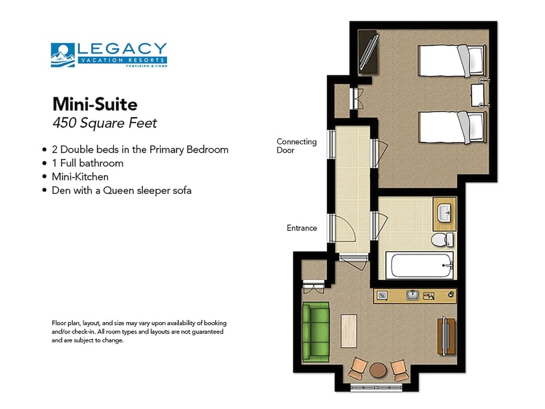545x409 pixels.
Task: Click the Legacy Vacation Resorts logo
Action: [109, 55]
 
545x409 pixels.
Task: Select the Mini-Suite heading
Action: [95, 103]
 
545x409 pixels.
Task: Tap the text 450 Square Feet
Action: [104, 123]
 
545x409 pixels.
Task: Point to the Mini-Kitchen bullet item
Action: [80, 177]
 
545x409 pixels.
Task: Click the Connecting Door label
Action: [296, 146]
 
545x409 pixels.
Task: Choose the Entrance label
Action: [301, 228]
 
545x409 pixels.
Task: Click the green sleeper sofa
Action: [316, 332]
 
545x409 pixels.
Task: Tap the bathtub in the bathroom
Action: [419, 265]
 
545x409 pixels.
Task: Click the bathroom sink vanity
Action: [444, 214]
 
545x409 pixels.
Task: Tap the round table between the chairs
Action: [377, 371]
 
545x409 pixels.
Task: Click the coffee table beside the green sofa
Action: [349, 331]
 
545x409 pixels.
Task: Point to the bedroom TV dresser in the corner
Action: [368, 52]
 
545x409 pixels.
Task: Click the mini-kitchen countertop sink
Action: [413, 295]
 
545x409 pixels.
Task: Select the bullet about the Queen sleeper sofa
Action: [121, 191]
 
